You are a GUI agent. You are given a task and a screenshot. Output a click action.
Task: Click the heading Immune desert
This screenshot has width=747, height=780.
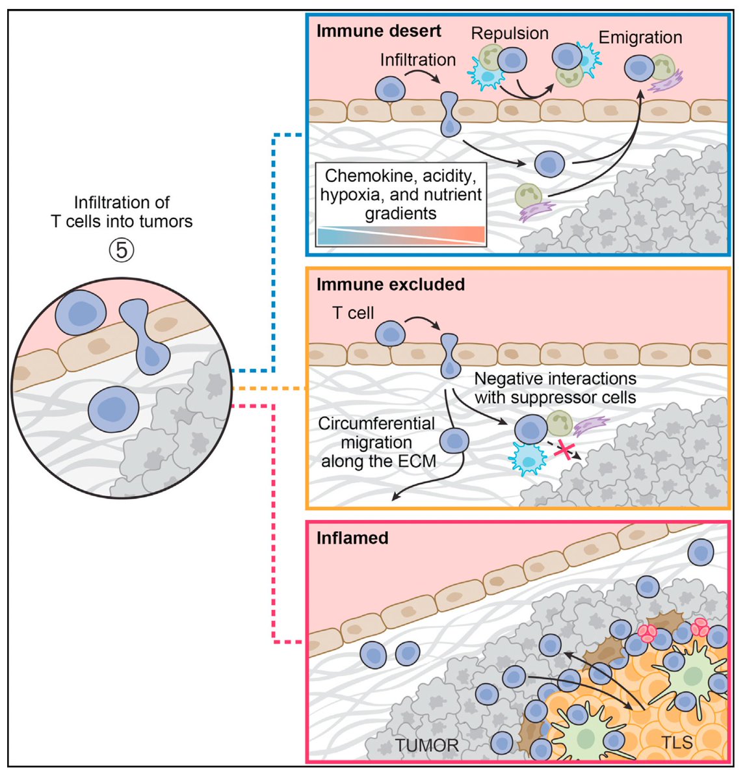pyautogui.click(x=378, y=31)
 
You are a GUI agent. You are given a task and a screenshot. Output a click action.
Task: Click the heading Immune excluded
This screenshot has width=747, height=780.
pyautogui.click(x=390, y=284)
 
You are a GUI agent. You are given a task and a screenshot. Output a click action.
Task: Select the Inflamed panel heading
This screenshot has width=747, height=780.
pyautogui.click(x=352, y=538)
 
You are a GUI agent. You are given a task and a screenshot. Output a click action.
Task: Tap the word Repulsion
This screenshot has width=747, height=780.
pyautogui.click(x=509, y=33)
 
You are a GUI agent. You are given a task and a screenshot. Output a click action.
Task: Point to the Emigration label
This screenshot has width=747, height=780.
pyautogui.click(x=640, y=37)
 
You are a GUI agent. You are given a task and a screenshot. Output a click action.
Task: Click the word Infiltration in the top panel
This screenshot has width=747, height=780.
pyautogui.click(x=417, y=60)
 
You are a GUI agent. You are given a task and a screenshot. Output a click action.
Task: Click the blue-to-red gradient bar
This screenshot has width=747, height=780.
pyautogui.click(x=400, y=235)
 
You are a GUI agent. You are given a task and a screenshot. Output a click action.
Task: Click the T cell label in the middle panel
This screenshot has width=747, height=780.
pyautogui.click(x=353, y=313)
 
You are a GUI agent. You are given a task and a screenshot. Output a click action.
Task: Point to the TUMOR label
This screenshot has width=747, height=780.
pyautogui.click(x=426, y=744)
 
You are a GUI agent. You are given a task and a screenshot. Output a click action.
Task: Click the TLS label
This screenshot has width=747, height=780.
pyautogui.click(x=676, y=742)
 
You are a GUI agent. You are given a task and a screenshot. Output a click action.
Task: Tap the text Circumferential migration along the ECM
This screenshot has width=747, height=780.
pyautogui.click(x=376, y=442)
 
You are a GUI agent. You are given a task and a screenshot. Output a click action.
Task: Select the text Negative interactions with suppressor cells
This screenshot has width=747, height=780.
pyautogui.click(x=555, y=387)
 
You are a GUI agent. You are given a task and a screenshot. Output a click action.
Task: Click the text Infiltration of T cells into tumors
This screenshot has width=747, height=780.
pyautogui.click(x=122, y=212)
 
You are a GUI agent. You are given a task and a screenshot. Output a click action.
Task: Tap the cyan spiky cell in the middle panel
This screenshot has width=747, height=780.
pyautogui.click(x=527, y=459)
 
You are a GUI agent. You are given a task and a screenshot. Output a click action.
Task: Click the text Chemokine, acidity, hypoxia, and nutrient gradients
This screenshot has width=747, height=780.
pyautogui.click(x=400, y=194)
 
